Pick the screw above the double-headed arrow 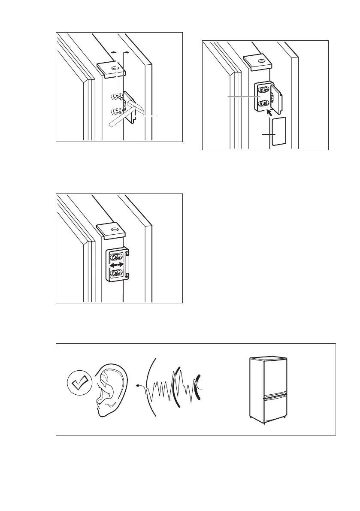pos(116,257)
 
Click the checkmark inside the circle pos(80,382)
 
